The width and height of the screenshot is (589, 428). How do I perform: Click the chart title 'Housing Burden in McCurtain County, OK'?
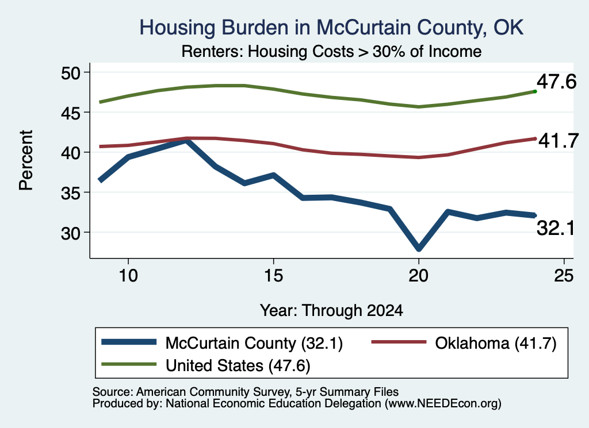pyautogui.click(x=331, y=28)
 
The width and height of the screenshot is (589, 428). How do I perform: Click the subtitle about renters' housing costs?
pyautogui.click(x=331, y=51)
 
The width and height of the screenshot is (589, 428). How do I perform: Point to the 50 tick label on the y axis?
pyautogui.click(x=71, y=73)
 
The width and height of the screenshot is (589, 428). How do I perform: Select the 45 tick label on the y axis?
pyautogui.click(x=71, y=113)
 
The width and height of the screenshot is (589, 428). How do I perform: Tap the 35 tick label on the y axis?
pyautogui.click(x=71, y=193)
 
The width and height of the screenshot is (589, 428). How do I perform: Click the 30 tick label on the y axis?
pyautogui.click(x=71, y=233)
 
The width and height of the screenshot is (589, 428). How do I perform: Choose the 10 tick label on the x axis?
pyautogui.click(x=128, y=276)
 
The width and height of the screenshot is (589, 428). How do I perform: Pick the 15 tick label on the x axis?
pyautogui.click(x=273, y=276)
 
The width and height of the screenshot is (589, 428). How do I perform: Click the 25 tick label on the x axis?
pyautogui.click(x=564, y=276)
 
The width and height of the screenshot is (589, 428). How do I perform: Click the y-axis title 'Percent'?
pyautogui.click(x=26, y=160)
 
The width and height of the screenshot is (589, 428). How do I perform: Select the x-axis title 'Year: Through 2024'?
pyautogui.click(x=331, y=311)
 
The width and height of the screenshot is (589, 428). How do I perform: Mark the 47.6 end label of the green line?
pyautogui.click(x=556, y=82)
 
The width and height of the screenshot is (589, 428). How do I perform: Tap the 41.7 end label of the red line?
pyautogui.click(x=558, y=141)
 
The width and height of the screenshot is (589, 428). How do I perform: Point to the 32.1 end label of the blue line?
pyautogui.click(x=556, y=228)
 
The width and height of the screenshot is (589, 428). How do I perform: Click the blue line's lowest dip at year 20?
pyautogui.click(x=419, y=248)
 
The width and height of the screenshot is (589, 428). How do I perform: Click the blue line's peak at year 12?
pyautogui.click(x=187, y=141)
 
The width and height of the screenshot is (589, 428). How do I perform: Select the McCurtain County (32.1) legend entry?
pyautogui.click(x=222, y=343)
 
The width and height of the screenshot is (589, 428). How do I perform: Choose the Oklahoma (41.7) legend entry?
pyautogui.click(x=464, y=343)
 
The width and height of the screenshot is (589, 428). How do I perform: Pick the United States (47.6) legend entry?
pyautogui.click(x=206, y=365)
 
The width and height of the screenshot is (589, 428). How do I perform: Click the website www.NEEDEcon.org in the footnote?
pyautogui.click(x=443, y=404)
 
